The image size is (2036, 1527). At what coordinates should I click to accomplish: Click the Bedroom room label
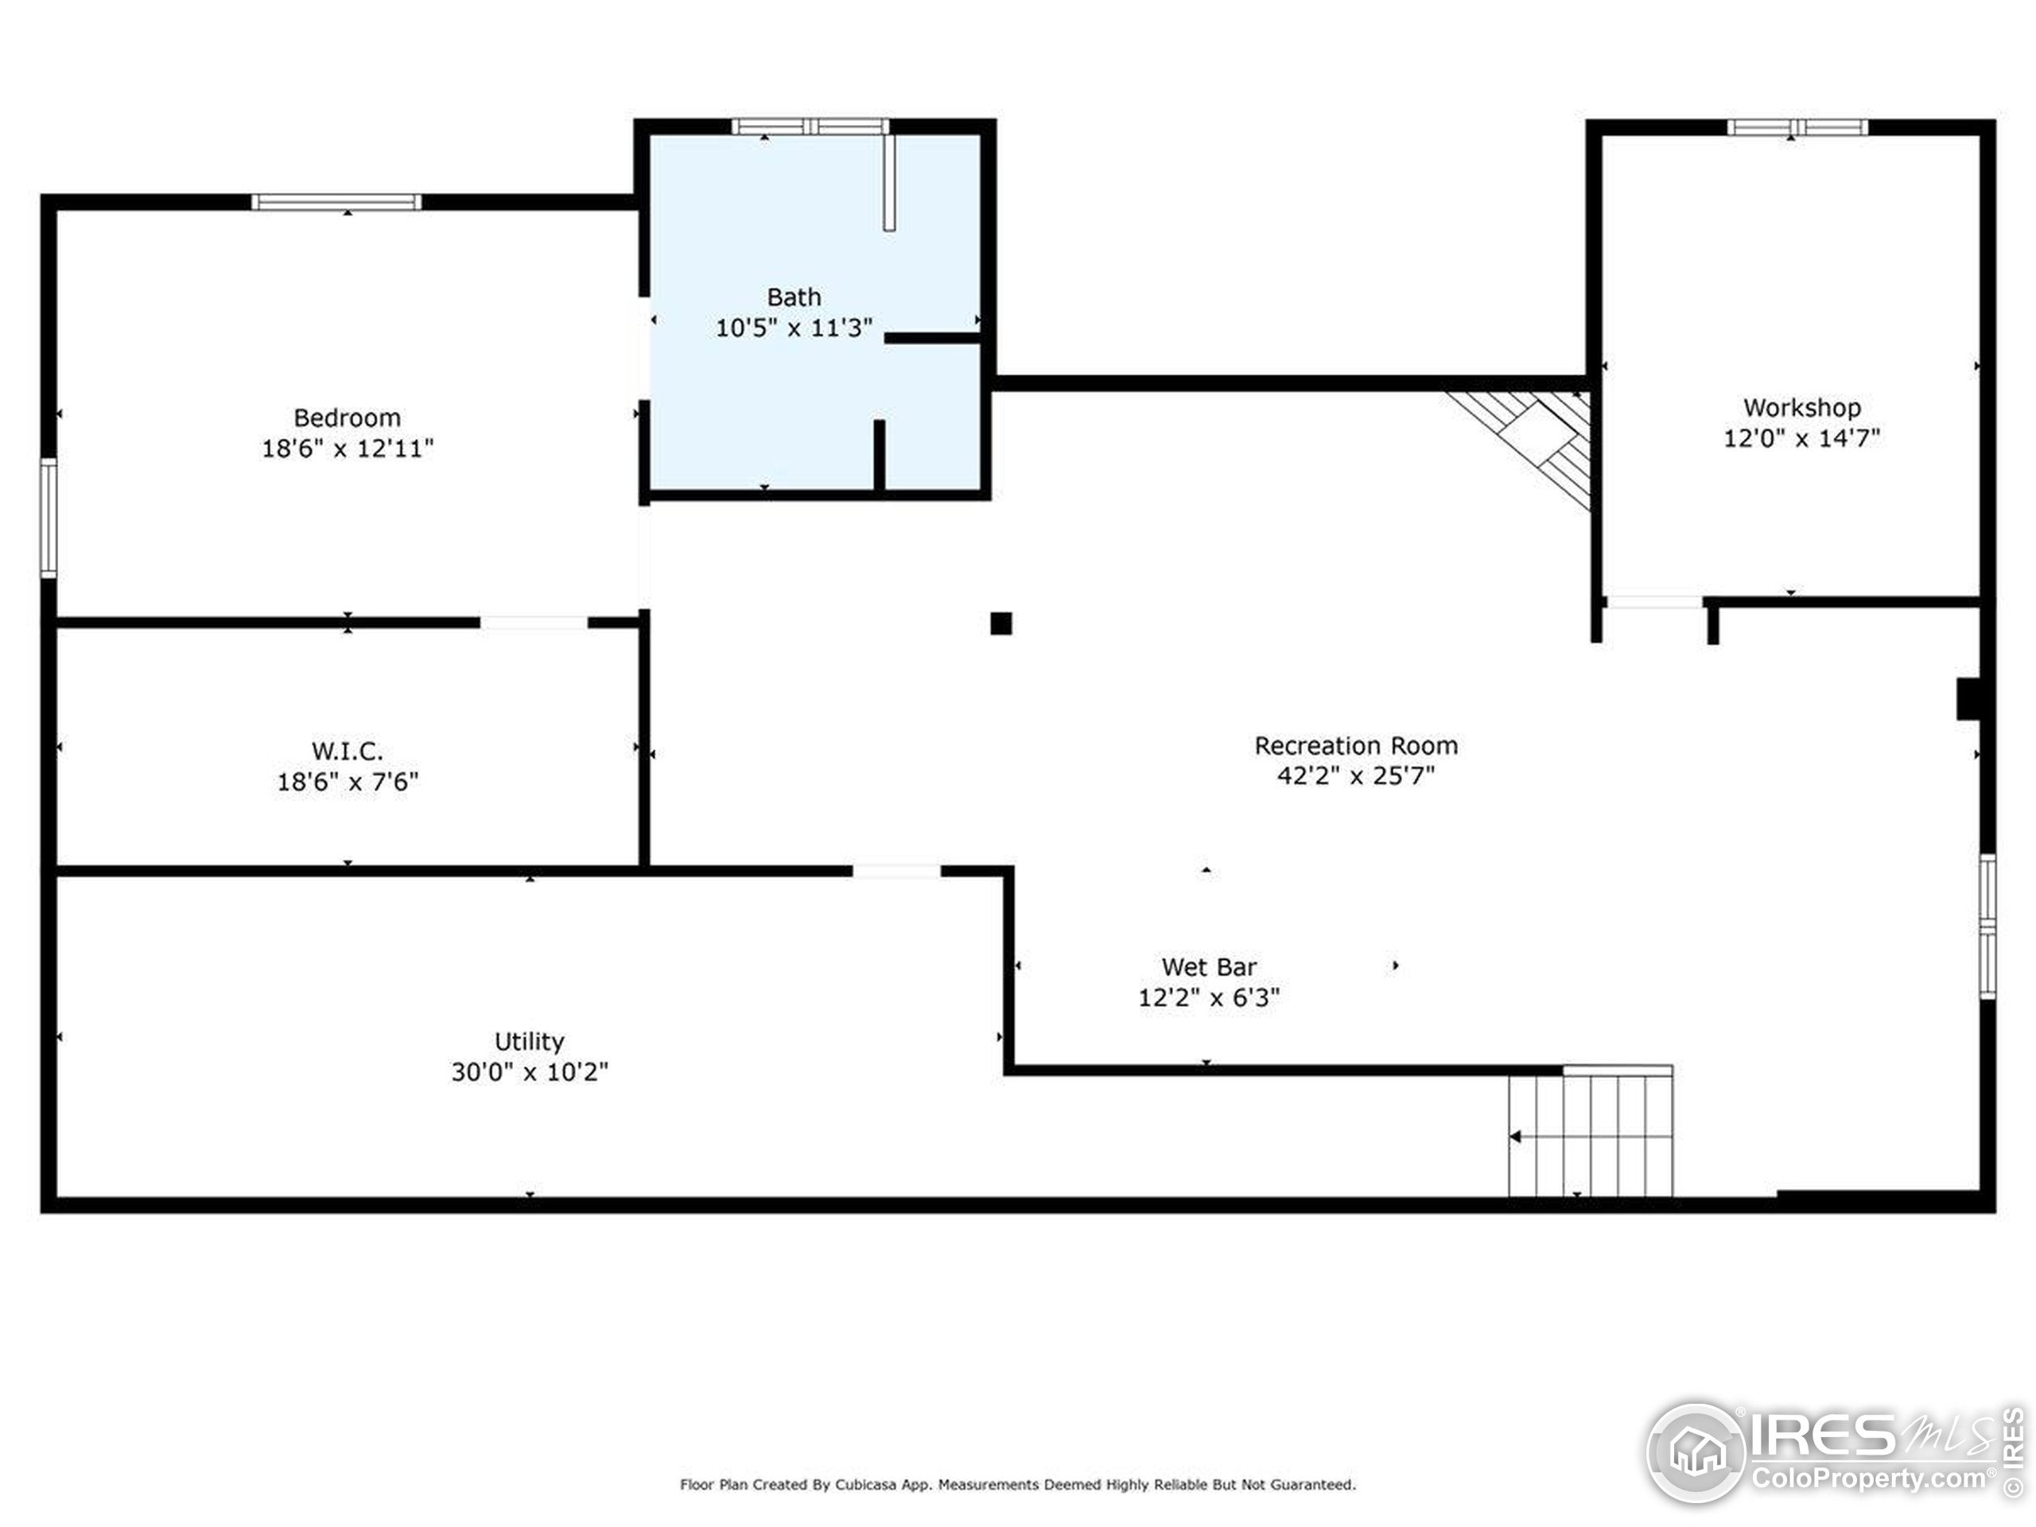[347, 418]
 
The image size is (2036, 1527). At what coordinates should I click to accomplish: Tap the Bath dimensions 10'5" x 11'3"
[794, 328]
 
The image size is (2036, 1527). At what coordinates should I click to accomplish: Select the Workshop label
[1801, 408]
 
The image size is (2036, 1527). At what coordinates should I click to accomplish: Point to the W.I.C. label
[347, 751]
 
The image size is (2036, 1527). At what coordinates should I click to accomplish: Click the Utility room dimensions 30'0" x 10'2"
[529, 1072]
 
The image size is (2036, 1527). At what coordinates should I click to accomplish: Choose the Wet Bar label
[1209, 967]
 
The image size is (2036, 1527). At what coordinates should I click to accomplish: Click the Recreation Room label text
[1355, 745]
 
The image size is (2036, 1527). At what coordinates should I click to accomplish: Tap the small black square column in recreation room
[1001, 624]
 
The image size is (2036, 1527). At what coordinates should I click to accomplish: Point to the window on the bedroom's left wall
[49, 519]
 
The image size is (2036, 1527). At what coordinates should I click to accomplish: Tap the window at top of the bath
[810, 127]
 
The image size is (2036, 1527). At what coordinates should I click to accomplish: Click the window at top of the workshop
[1797, 127]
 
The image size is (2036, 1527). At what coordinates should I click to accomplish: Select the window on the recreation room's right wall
[1987, 926]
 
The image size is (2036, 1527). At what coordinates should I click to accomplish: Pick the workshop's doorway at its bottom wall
[1654, 603]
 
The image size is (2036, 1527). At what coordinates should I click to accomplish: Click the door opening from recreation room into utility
[896, 871]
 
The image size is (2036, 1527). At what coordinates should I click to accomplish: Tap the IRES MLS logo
[1832, 1453]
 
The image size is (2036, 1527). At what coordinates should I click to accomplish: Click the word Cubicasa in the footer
[866, 1485]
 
